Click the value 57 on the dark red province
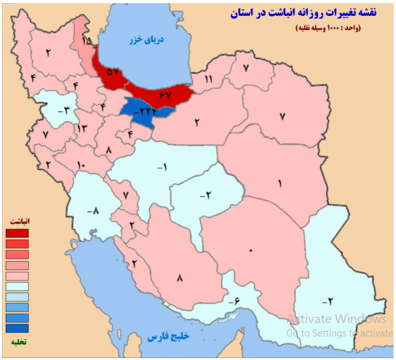click(x=113, y=72)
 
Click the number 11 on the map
click(x=208, y=79)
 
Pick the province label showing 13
click(x=82, y=129)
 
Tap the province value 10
click(x=81, y=166)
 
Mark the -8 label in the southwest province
click(x=93, y=210)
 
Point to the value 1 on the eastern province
click(x=278, y=183)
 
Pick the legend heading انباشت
click(x=19, y=220)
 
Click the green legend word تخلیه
click(x=18, y=342)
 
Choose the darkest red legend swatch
click(x=17, y=233)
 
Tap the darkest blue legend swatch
click(x=17, y=329)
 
